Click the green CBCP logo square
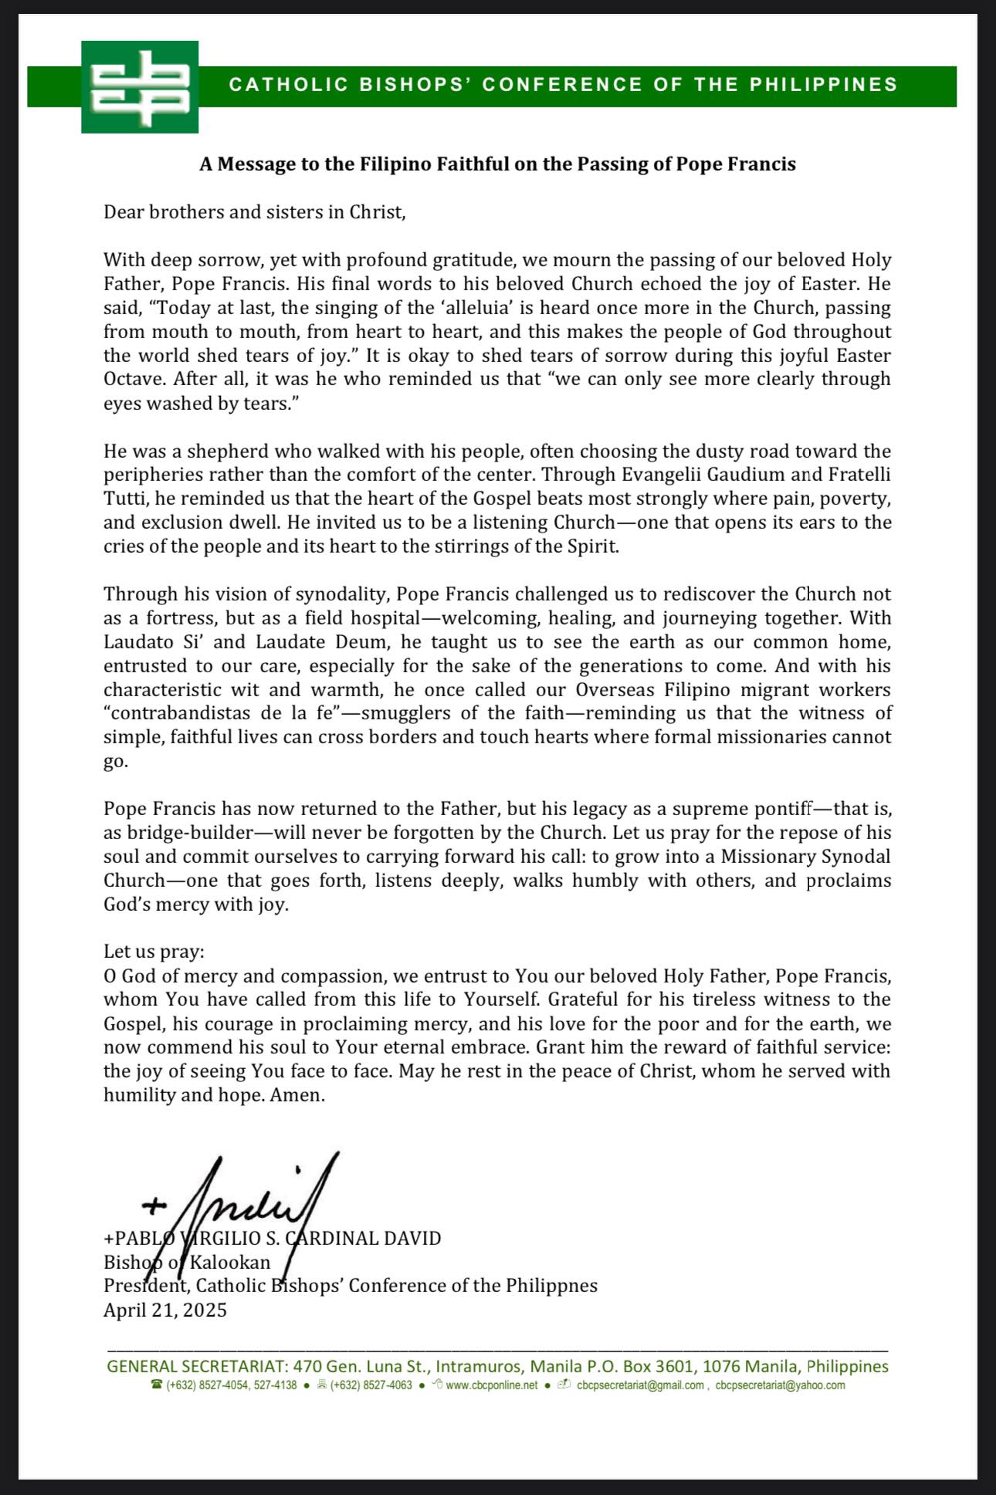click(x=140, y=87)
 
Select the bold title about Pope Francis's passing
click(x=497, y=164)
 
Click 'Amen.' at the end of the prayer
click(x=297, y=1095)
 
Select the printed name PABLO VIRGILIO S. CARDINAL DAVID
click(x=273, y=1239)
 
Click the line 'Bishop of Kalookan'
click(x=187, y=1263)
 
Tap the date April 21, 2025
click(x=165, y=1310)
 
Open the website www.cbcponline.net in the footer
click(x=491, y=1385)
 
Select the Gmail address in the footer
click(x=640, y=1385)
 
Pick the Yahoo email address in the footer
click(x=780, y=1385)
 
